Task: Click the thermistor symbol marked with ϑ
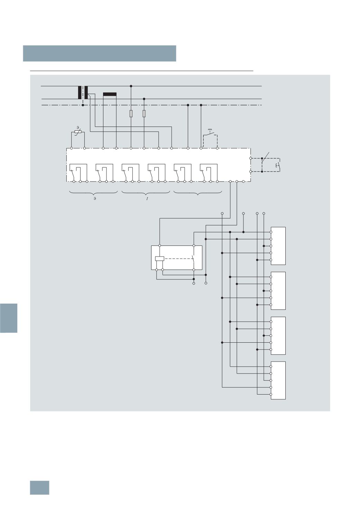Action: point(78,132)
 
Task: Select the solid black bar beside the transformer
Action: point(110,94)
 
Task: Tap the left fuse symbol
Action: point(131,114)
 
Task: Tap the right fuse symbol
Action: point(144,114)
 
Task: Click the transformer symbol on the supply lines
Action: point(83,92)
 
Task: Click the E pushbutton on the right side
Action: point(278,165)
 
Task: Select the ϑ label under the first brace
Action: point(95,198)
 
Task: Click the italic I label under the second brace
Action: point(147,198)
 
